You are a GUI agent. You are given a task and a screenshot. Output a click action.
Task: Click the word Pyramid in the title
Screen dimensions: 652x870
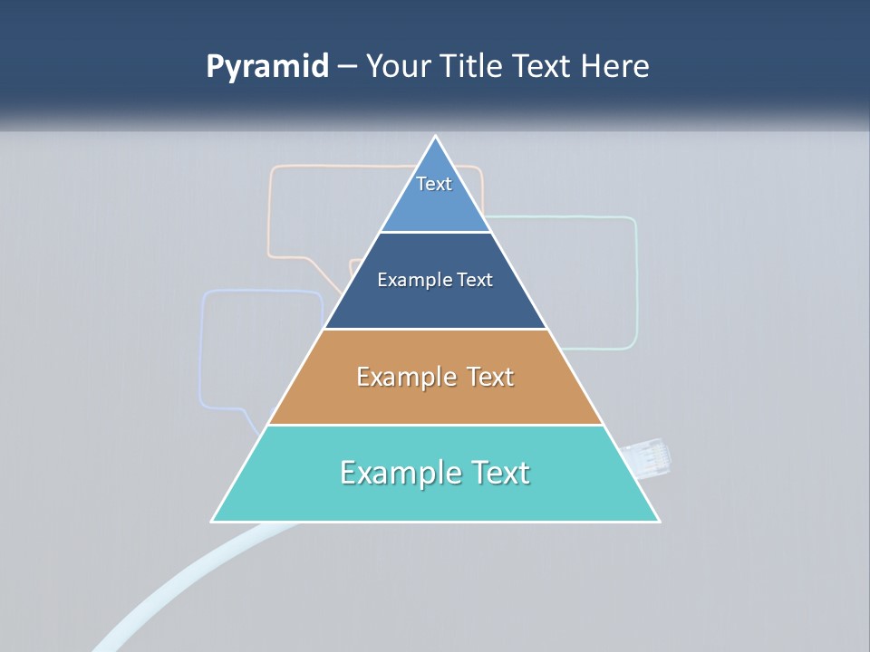pyautogui.click(x=266, y=67)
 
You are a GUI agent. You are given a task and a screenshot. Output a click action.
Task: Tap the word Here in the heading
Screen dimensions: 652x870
pyautogui.click(x=614, y=67)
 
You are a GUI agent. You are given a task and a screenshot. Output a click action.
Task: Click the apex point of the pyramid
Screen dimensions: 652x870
pyautogui.click(x=436, y=138)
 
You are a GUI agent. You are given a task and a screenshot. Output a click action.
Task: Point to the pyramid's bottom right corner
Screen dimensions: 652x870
pyautogui.click(x=658, y=521)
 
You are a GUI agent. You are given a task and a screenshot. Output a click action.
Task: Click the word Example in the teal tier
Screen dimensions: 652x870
pyautogui.click(x=400, y=473)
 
